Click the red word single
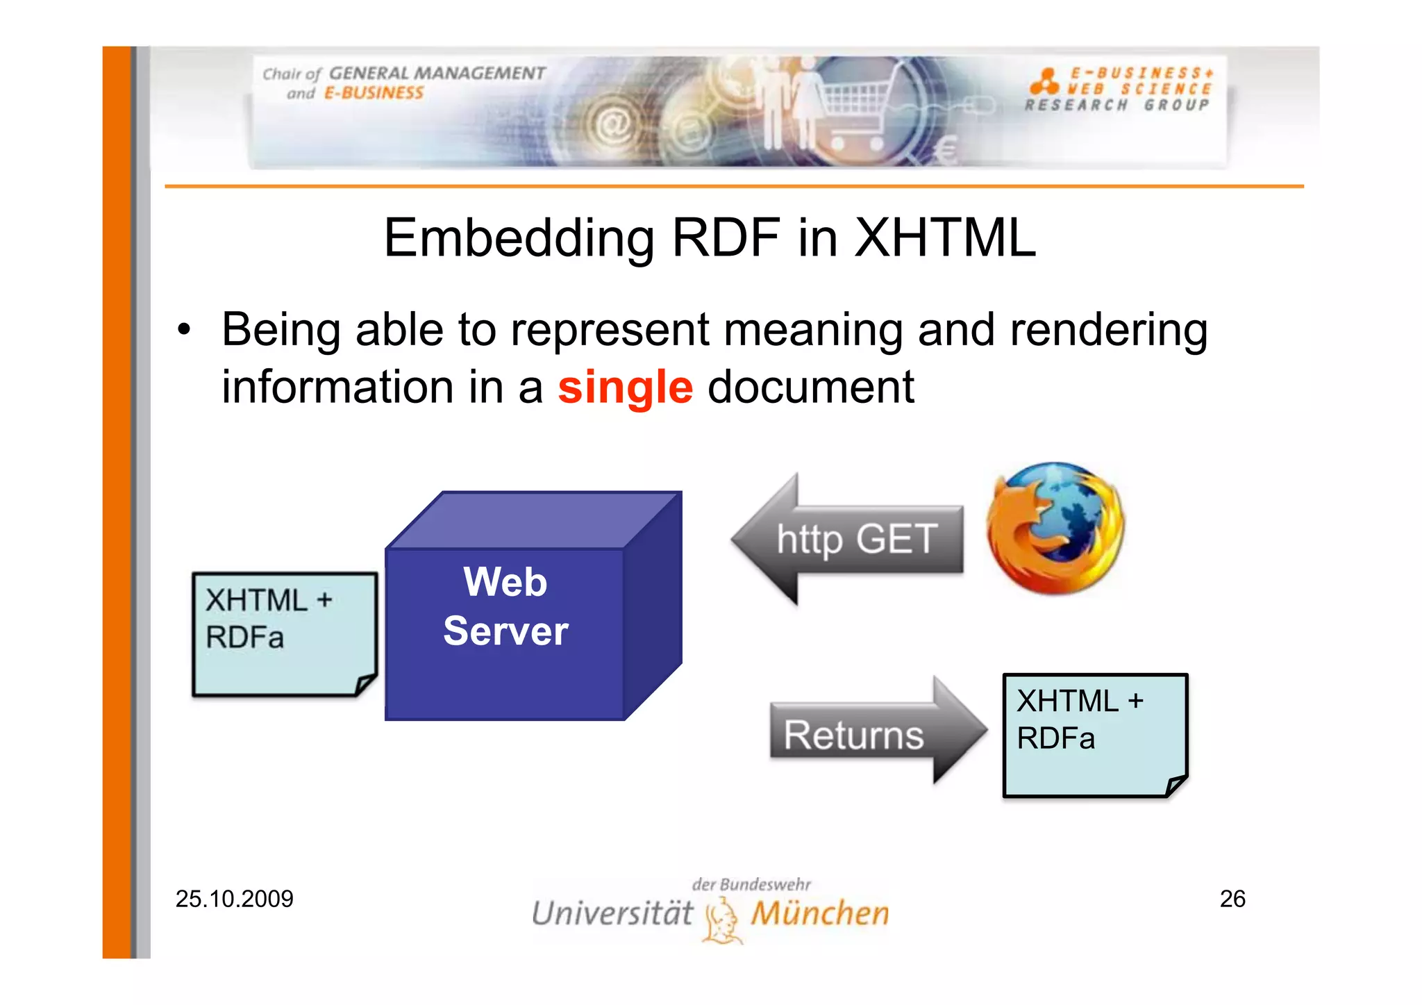[x=625, y=388]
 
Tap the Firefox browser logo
[x=1055, y=529]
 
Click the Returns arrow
[x=875, y=733]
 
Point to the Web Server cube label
[x=505, y=606]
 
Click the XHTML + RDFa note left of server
[x=283, y=633]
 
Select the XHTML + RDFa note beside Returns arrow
[x=1094, y=735]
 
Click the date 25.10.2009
[x=234, y=899]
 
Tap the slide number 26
[x=1232, y=899]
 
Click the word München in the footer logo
[x=820, y=913]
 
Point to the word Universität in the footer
[x=612, y=913]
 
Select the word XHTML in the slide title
[x=944, y=238]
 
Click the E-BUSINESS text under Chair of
[x=374, y=93]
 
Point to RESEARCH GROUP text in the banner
[x=1116, y=106]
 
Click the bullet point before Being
[x=183, y=329]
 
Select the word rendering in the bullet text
[x=1108, y=329]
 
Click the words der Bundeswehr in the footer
[x=751, y=884]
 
